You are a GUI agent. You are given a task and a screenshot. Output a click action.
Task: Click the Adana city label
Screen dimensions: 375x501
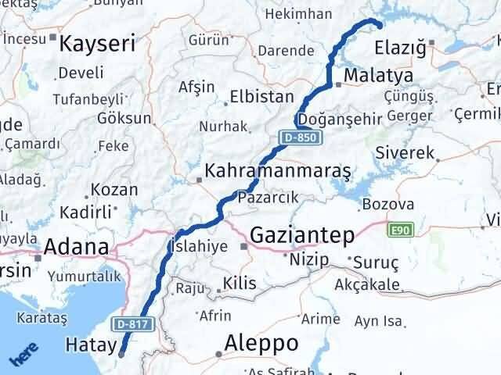pyautogui.click(x=76, y=248)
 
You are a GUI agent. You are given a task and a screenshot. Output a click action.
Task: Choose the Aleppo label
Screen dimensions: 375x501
pyautogui.click(x=261, y=342)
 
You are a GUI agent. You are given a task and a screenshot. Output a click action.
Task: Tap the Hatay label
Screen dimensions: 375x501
pyautogui.click(x=90, y=344)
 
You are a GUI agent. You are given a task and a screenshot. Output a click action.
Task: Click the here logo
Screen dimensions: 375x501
pyautogui.click(x=23, y=355)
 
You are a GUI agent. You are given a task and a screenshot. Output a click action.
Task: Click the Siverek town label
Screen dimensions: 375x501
pyautogui.click(x=404, y=153)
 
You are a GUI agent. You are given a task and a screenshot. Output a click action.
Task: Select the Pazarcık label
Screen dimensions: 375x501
pyautogui.click(x=268, y=198)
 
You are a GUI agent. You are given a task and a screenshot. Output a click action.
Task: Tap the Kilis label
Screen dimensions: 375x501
pyautogui.click(x=240, y=283)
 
